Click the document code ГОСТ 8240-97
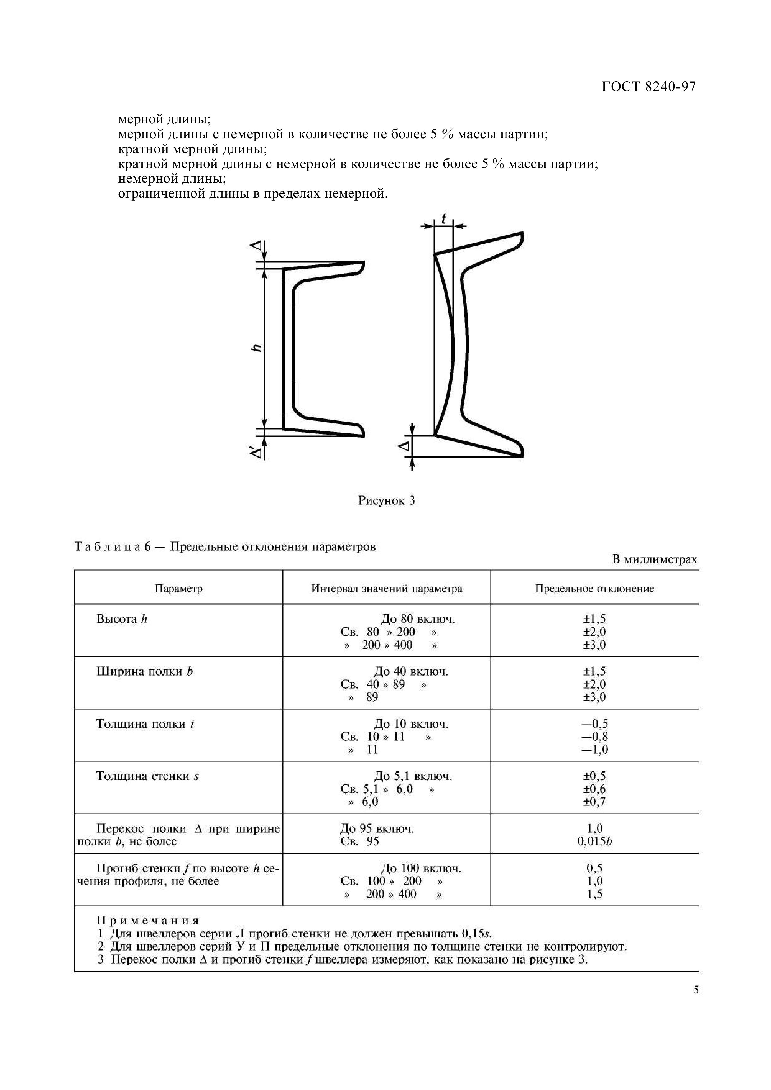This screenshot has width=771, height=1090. tap(649, 87)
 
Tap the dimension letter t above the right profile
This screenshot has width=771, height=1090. tap(444, 219)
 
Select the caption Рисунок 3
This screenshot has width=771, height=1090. tap(386, 500)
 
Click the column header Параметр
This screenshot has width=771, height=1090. tap(179, 589)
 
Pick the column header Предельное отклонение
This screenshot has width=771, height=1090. tap(594, 589)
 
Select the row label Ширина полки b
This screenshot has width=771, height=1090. tap(145, 671)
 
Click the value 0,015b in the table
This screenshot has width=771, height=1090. tap(594, 841)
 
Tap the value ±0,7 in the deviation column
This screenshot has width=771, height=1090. tap(594, 802)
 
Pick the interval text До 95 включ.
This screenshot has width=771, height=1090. tap(377, 828)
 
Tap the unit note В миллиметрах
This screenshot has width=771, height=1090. tap(654, 559)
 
